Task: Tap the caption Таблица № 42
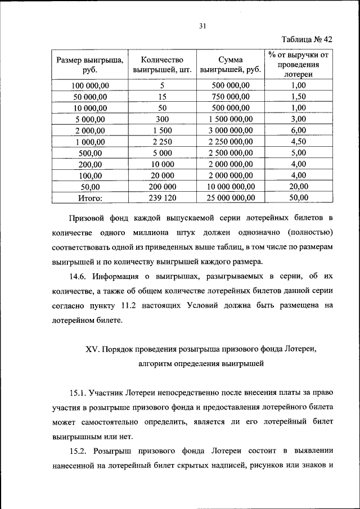(x=306, y=39)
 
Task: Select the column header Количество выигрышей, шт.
(x=163, y=65)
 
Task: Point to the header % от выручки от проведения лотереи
(x=298, y=64)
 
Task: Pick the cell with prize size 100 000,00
(x=91, y=85)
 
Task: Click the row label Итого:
(x=91, y=198)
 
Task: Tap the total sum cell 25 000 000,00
(x=231, y=198)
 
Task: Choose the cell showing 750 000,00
(x=231, y=97)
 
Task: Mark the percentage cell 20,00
(x=298, y=187)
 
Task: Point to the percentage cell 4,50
(x=298, y=142)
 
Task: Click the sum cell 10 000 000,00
(x=231, y=187)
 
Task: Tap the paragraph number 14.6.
(x=79, y=276)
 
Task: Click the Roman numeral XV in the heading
(x=92, y=349)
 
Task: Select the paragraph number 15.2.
(x=79, y=451)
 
